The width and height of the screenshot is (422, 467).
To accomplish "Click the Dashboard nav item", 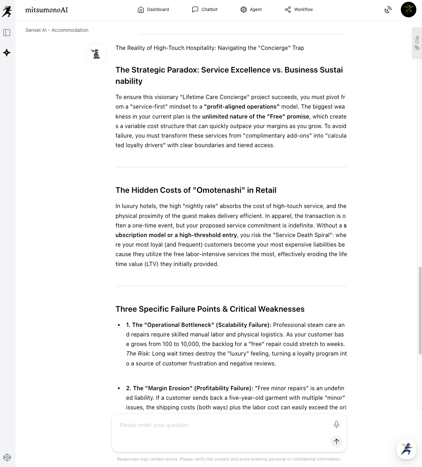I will pyautogui.click(x=153, y=10).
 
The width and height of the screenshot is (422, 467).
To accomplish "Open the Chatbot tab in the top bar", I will pyautogui.click(x=205, y=10).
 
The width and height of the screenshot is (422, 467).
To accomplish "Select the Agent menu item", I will pyautogui.click(x=251, y=10).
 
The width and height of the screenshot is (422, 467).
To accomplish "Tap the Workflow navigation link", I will pyautogui.click(x=299, y=10).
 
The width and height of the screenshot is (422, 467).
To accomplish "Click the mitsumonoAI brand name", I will pyautogui.click(x=47, y=10).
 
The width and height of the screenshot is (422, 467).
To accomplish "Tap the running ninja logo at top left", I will pyautogui.click(x=7, y=11).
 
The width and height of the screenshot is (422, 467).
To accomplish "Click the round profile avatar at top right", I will pyautogui.click(x=408, y=10).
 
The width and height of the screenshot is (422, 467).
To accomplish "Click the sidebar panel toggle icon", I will pyautogui.click(x=7, y=33).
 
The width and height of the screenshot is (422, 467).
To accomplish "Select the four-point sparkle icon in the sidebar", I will pyautogui.click(x=7, y=53).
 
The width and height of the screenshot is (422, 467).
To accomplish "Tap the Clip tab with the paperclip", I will pyautogui.click(x=417, y=43).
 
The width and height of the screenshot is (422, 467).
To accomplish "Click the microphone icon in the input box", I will pyautogui.click(x=337, y=425).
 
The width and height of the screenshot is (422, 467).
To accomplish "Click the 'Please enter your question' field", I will pyautogui.click(x=222, y=425).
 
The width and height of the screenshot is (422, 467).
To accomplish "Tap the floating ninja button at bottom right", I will pyautogui.click(x=406, y=449).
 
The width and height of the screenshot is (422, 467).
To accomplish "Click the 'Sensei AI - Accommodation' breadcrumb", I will pyautogui.click(x=57, y=30).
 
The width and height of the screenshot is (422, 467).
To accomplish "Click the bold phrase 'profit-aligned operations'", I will pyautogui.click(x=242, y=106).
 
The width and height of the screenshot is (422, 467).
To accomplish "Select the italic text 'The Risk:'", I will pyautogui.click(x=138, y=353).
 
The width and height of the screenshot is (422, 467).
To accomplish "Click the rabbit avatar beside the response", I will pyautogui.click(x=96, y=54).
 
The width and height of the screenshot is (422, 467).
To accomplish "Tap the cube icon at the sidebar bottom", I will pyautogui.click(x=7, y=457).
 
